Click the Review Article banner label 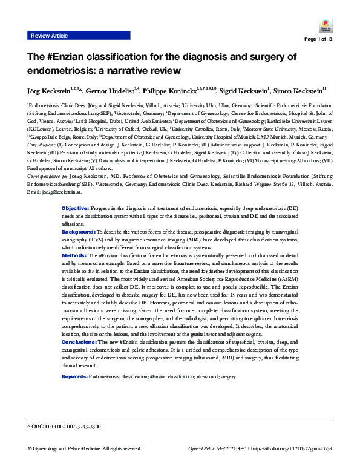[51, 36]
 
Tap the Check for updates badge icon [322, 27]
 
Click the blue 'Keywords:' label [74, 376]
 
